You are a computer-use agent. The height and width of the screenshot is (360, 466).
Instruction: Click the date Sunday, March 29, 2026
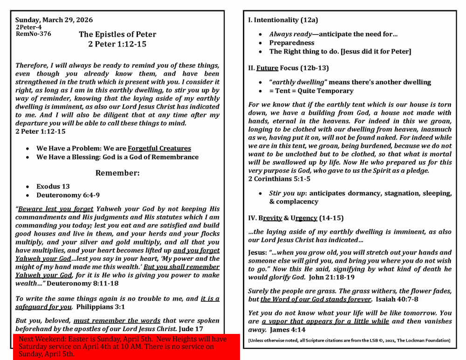[x=54, y=20]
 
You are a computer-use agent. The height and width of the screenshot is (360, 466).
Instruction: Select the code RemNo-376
[x=34, y=34]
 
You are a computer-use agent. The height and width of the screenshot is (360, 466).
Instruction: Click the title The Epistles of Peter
[x=117, y=34]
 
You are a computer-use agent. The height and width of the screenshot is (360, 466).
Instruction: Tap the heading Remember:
[x=117, y=173]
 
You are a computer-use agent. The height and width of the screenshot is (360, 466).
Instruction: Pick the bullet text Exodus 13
[x=53, y=186]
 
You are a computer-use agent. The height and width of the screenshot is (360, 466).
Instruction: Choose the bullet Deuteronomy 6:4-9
[x=68, y=195]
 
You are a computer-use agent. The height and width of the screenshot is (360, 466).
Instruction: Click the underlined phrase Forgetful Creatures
[x=159, y=148]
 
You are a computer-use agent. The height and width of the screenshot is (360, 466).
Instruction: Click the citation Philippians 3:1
[x=101, y=307]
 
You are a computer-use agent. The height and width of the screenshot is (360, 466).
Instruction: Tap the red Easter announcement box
[x=126, y=346]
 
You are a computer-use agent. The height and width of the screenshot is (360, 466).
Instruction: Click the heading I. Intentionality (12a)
[x=283, y=20]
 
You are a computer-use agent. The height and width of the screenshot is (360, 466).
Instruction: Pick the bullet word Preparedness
[x=292, y=43]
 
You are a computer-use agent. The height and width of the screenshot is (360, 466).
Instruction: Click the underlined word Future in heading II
[x=267, y=68]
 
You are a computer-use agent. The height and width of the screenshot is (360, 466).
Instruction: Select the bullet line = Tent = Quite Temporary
[x=311, y=91]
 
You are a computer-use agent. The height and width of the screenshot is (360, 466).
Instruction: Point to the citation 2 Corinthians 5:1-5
[x=279, y=179]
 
